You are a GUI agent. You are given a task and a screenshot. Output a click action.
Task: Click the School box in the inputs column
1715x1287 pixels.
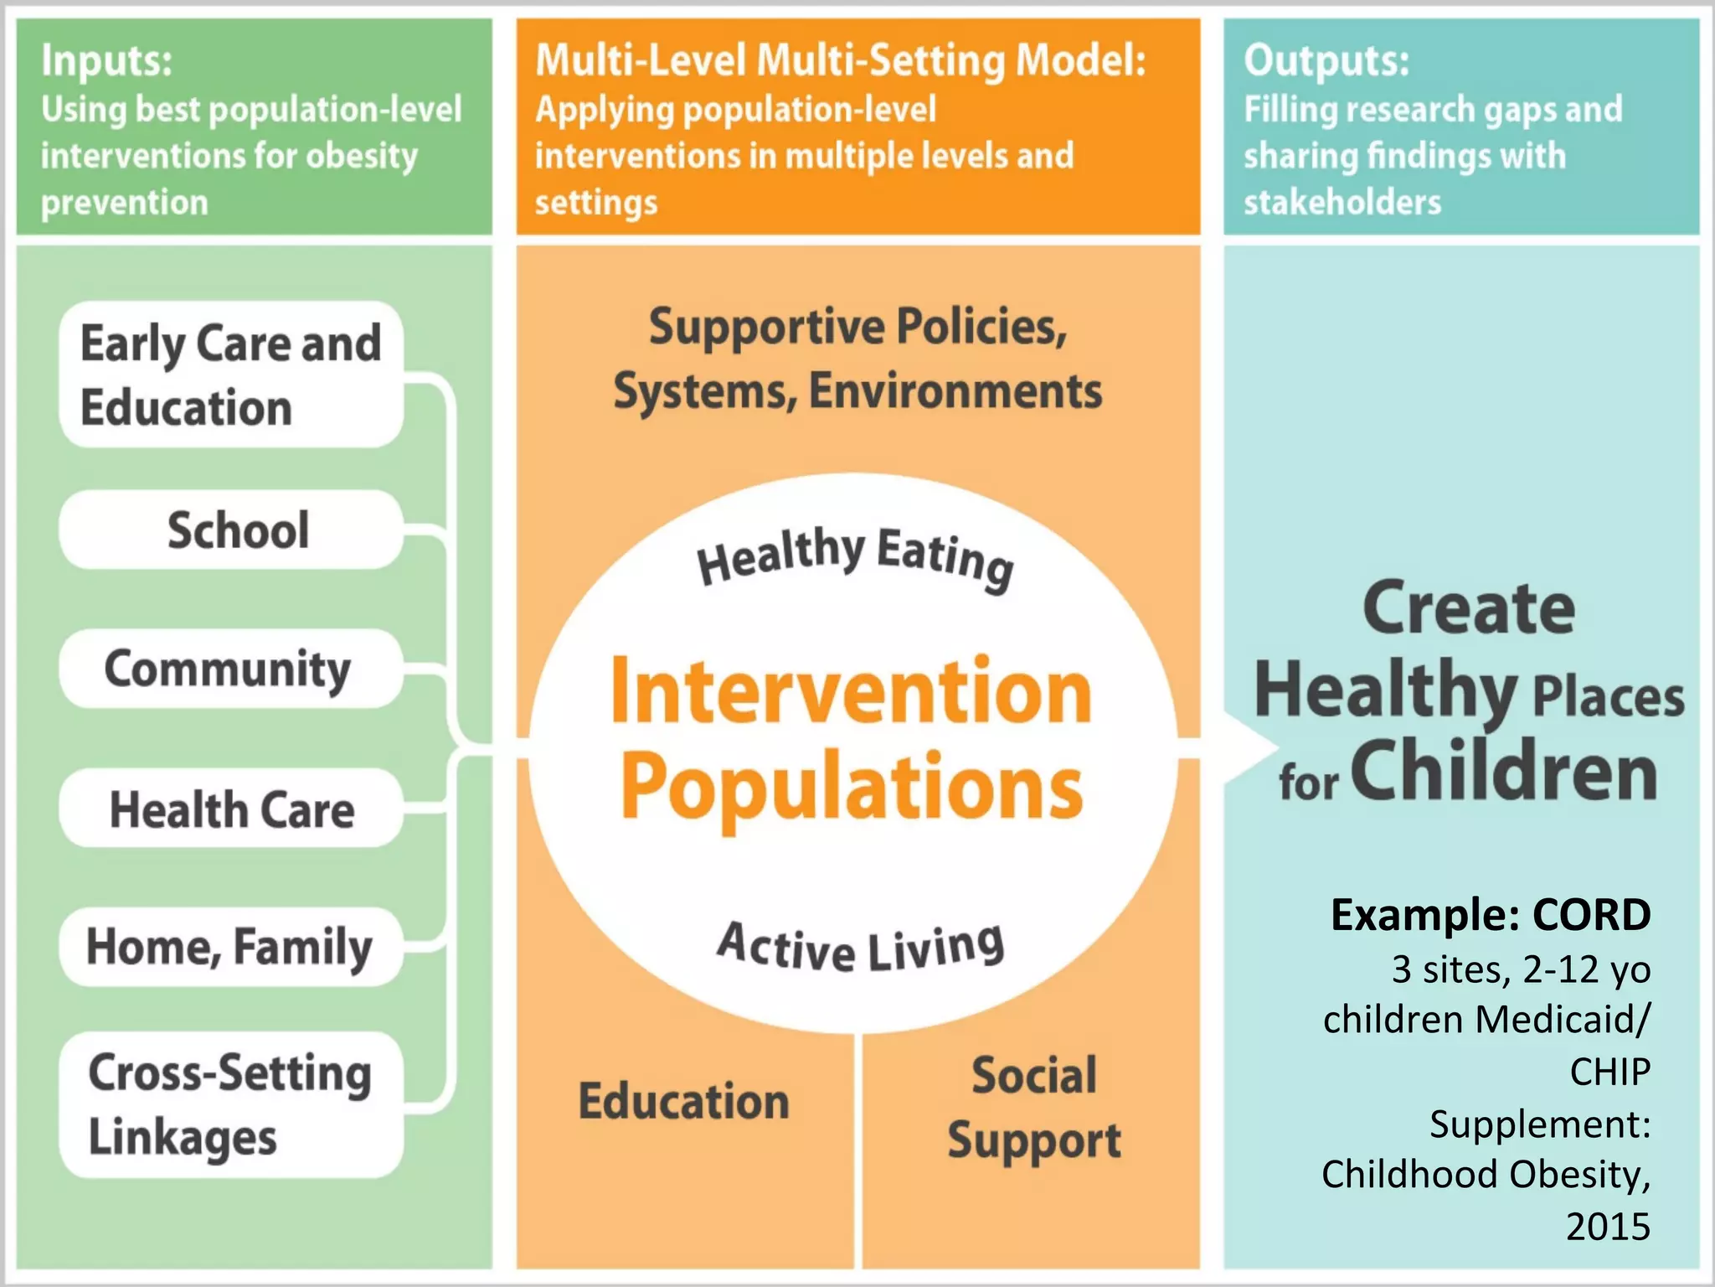pyautogui.click(x=231, y=530)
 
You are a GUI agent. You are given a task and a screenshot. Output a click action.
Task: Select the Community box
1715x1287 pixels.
pyautogui.click(x=231, y=669)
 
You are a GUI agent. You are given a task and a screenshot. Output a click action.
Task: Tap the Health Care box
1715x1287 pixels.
pyautogui.click(x=231, y=809)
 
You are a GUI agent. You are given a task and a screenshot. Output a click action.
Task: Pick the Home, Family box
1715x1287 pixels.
pyautogui.click(x=231, y=947)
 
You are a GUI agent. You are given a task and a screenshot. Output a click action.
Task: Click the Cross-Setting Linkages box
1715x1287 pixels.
pyautogui.click(x=231, y=1104)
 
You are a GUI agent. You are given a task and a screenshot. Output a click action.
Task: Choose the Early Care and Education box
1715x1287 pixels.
pyautogui.click(x=231, y=375)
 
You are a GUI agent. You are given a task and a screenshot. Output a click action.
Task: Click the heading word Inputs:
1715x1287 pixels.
pyautogui.click(x=107, y=61)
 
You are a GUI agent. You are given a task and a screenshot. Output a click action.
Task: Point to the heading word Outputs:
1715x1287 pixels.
pyautogui.click(x=1326, y=61)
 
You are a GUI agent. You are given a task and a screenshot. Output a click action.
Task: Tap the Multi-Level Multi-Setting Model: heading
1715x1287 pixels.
pyautogui.click(x=840, y=61)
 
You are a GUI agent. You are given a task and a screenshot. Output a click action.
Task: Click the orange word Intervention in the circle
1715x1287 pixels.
pyautogui.click(x=851, y=692)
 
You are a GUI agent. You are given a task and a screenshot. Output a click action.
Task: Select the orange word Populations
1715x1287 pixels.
pyautogui.click(x=851, y=786)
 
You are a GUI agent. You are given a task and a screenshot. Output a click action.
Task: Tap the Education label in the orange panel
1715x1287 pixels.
pyautogui.click(x=683, y=1101)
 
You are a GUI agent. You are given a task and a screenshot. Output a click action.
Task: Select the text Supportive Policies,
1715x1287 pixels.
pyautogui.click(x=857, y=327)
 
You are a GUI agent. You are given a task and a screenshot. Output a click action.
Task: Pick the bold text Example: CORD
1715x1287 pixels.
pyautogui.click(x=1491, y=915)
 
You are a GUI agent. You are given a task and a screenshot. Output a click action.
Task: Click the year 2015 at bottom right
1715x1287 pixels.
pyautogui.click(x=1608, y=1227)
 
